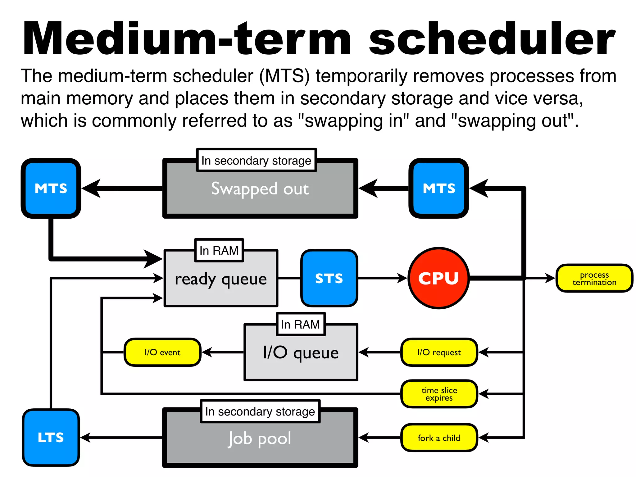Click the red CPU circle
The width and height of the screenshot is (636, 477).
coord(438,278)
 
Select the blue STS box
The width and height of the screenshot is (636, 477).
coord(329,278)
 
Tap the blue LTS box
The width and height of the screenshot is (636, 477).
coord(51,437)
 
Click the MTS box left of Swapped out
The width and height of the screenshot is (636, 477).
coord(51,188)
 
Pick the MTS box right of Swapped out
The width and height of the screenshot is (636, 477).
coord(438,188)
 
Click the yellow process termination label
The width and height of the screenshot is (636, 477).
coord(594,278)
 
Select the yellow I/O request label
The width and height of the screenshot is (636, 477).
coord(439,352)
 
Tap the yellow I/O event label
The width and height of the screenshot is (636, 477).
coord(162,352)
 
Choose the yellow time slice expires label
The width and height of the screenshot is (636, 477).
coord(439,394)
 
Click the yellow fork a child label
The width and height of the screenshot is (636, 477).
coord(439,438)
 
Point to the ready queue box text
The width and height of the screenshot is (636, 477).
coord(221,279)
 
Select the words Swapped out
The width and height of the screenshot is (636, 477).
coord(260,189)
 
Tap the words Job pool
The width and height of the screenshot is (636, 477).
coord(260,438)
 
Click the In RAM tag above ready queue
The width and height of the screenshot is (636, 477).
coord(219,250)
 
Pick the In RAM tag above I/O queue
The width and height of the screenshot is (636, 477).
coord(300,324)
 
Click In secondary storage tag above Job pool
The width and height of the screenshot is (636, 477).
coord(260,411)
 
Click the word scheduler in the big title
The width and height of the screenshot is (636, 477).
coord(492,39)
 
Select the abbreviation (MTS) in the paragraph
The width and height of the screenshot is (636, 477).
coord(284,76)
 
